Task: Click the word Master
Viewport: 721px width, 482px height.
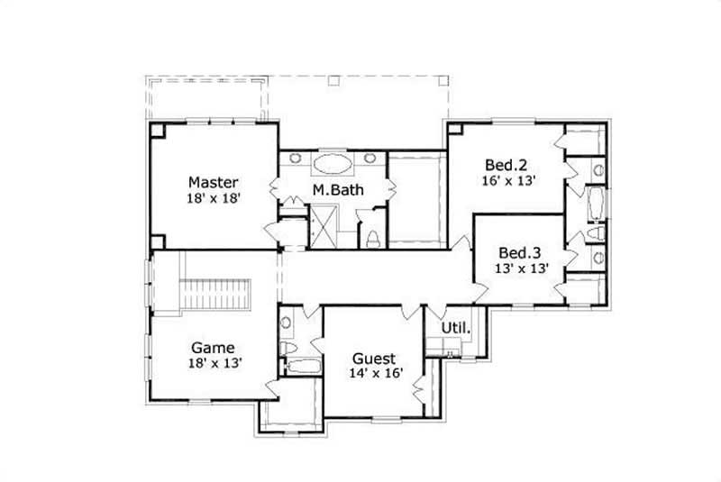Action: pyautogui.click(x=214, y=181)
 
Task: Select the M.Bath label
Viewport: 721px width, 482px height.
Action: pyautogui.click(x=332, y=190)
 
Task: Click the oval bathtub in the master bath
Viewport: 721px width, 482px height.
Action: pyautogui.click(x=333, y=164)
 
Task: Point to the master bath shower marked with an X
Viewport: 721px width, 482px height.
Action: pyautogui.click(x=322, y=225)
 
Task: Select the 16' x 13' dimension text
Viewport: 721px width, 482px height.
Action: pyautogui.click(x=509, y=180)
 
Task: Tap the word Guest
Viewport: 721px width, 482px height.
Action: pyautogui.click(x=372, y=357)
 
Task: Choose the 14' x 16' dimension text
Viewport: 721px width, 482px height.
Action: pyautogui.click(x=376, y=372)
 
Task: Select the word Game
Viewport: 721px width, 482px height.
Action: pyautogui.click(x=213, y=347)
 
